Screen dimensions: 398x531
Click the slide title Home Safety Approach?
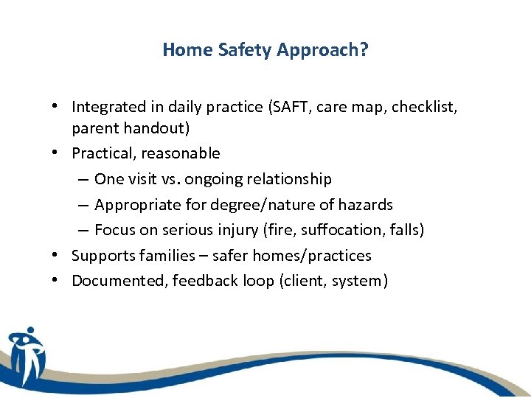click(x=265, y=49)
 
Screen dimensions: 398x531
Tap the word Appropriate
click(x=133, y=204)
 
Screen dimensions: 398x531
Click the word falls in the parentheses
click(x=406, y=230)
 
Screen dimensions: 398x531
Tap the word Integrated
click(x=106, y=107)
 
